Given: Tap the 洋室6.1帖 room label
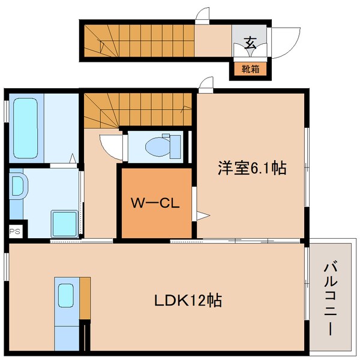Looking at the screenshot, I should coord(251,169).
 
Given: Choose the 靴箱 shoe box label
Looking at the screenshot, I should coord(250,70).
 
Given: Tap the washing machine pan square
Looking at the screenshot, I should coord(64,223).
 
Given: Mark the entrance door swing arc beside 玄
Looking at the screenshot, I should coord(281,41).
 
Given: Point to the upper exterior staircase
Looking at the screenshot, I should coord(138,40).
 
